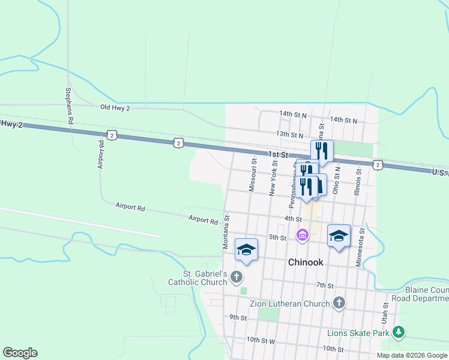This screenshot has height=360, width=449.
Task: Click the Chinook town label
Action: click(x=306, y=262)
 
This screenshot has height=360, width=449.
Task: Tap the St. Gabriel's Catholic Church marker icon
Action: click(x=237, y=277)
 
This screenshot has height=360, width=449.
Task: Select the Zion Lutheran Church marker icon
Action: click(x=339, y=303)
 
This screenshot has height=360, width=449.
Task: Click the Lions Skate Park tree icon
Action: click(x=398, y=332)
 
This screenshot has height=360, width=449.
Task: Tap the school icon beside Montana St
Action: click(x=246, y=249)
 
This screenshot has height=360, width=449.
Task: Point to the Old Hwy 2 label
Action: click(x=115, y=107)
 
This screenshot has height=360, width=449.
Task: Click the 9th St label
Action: click(x=238, y=317)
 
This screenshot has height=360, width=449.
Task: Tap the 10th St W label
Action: click(x=261, y=340)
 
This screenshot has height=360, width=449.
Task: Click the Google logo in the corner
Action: click(x=20, y=353)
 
